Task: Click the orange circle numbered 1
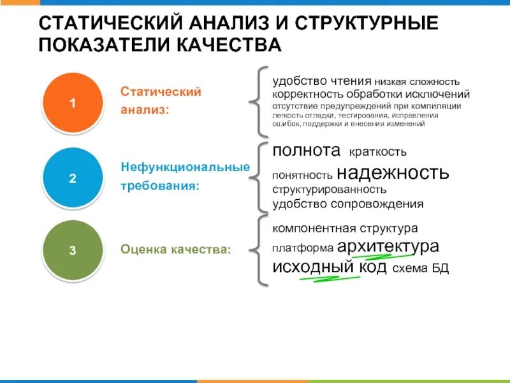[x=72, y=103]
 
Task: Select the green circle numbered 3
[x=72, y=250]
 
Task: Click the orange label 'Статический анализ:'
[x=161, y=101]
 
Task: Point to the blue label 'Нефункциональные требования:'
[x=185, y=176]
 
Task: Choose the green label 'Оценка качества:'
[x=176, y=250]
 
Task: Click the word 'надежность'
[x=393, y=172]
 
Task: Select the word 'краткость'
[x=377, y=153]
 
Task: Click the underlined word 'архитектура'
[x=388, y=246]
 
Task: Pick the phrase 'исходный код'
[x=330, y=267]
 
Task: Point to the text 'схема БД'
[x=421, y=269]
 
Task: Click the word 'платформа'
[x=303, y=248]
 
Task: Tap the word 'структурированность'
[x=330, y=190]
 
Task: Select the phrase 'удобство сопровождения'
[x=348, y=204]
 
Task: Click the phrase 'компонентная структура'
[x=345, y=228]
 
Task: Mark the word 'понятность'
[x=302, y=175]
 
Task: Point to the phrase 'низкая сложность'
[x=417, y=82]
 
